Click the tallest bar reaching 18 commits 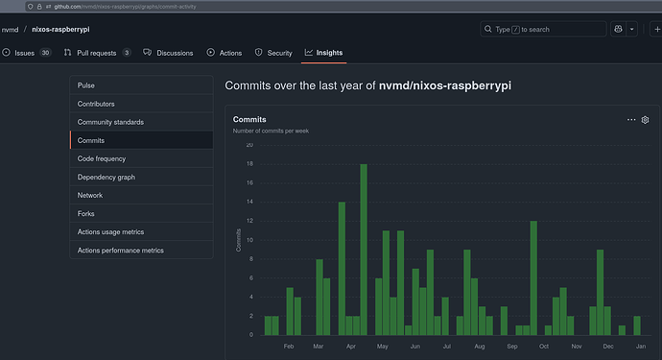[364, 250]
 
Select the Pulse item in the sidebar [86, 85]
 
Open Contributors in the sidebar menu [96, 104]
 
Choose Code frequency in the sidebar [102, 158]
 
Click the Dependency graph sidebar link [106, 177]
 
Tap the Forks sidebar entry [85, 214]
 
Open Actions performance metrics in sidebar [120, 251]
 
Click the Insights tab [324, 53]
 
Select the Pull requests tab [97, 53]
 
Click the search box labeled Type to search [543, 29]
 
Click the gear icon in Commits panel [645, 120]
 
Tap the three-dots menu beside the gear [631, 120]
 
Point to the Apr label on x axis [351, 347]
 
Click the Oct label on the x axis [544, 347]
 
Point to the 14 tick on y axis [250, 202]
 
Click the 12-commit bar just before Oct [533, 278]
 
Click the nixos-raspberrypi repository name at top [60, 29]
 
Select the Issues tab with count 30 [26, 53]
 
